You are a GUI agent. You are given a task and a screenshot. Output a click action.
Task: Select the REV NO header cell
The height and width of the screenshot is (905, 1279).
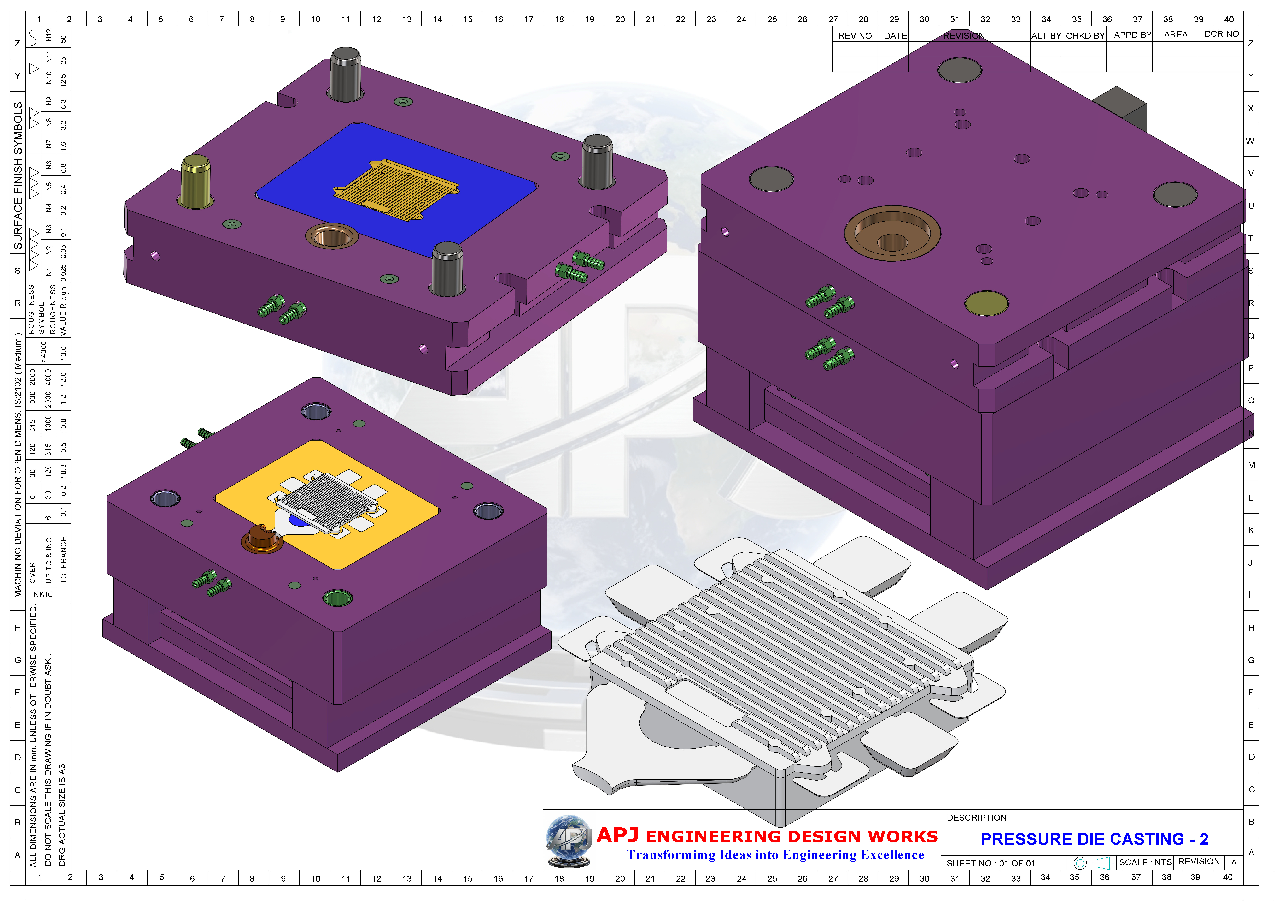[855, 36]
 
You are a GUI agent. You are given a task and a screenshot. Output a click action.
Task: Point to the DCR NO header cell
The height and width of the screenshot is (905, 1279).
[1221, 34]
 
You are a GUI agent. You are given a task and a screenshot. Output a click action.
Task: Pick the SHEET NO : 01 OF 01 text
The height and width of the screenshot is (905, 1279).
[990, 863]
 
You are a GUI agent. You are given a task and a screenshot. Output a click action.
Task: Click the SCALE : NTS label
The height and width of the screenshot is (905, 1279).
[1145, 862]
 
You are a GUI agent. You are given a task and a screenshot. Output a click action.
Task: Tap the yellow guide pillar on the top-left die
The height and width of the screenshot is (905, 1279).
[196, 181]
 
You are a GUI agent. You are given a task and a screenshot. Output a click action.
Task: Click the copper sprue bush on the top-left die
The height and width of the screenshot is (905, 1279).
[331, 236]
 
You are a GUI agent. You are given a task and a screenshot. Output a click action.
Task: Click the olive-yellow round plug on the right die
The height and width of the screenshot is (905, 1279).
[986, 303]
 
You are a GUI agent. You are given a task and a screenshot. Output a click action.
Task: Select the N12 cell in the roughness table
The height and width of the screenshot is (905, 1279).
[49, 35]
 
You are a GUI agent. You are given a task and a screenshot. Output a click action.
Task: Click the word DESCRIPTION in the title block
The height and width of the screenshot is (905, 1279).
[977, 818]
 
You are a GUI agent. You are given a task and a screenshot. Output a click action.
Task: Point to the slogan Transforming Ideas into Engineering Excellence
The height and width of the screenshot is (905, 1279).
[775, 855]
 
